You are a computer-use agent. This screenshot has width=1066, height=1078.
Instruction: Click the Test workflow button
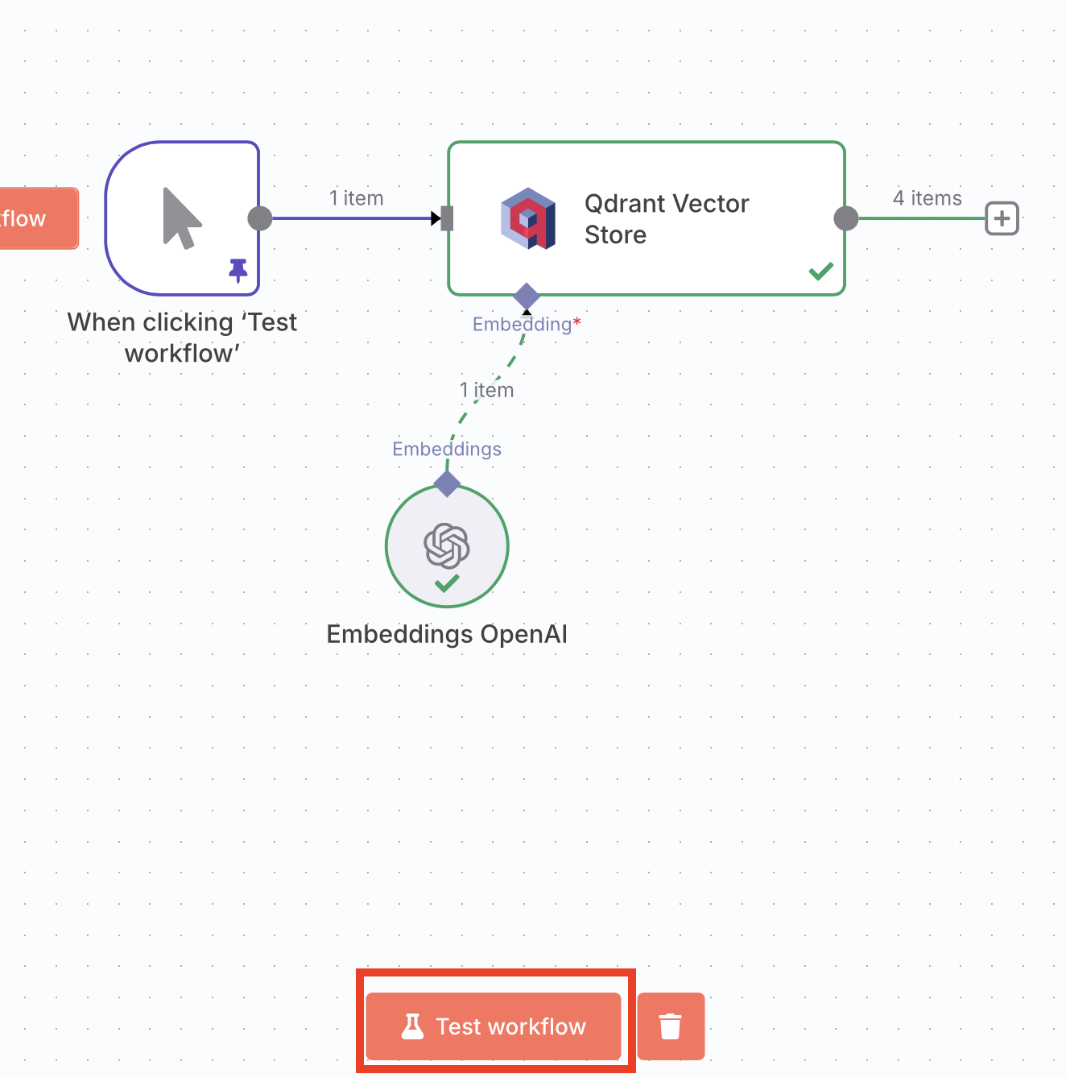(494, 1026)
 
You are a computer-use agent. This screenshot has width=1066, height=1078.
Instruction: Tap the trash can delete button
(671, 1026)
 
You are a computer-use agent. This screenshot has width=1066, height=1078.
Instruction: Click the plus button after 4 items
(1002, 218)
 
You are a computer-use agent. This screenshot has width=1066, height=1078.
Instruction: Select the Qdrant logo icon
(528, 218)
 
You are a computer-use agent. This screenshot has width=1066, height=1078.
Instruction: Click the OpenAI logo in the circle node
(446, 545)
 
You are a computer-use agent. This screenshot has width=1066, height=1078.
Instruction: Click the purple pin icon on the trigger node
(238, 270)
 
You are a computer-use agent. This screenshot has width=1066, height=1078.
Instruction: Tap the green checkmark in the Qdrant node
(821, 272)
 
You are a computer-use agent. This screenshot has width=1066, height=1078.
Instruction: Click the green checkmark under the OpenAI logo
(447, 583)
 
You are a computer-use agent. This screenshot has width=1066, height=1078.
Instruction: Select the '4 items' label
(928, 198)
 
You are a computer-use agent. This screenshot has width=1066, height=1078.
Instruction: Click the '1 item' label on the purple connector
(356, 198)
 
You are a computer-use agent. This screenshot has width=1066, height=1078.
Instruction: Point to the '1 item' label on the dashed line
(486, 390)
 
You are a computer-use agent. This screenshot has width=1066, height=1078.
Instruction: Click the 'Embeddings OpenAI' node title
(447, 634)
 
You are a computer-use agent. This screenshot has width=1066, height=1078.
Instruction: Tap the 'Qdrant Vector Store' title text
(667, 218)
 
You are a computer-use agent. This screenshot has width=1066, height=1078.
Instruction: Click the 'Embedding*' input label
(527, 324)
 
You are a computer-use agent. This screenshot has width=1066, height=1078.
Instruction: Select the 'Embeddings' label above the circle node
(447, 449)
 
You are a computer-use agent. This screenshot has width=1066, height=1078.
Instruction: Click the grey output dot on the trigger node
(260, 218)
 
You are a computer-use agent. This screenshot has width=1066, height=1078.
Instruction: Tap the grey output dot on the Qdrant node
(846, 218)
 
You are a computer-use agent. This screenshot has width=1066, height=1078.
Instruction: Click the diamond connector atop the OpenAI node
(447, 483)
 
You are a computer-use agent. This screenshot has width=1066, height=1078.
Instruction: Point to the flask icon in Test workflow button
(413, 1026)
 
